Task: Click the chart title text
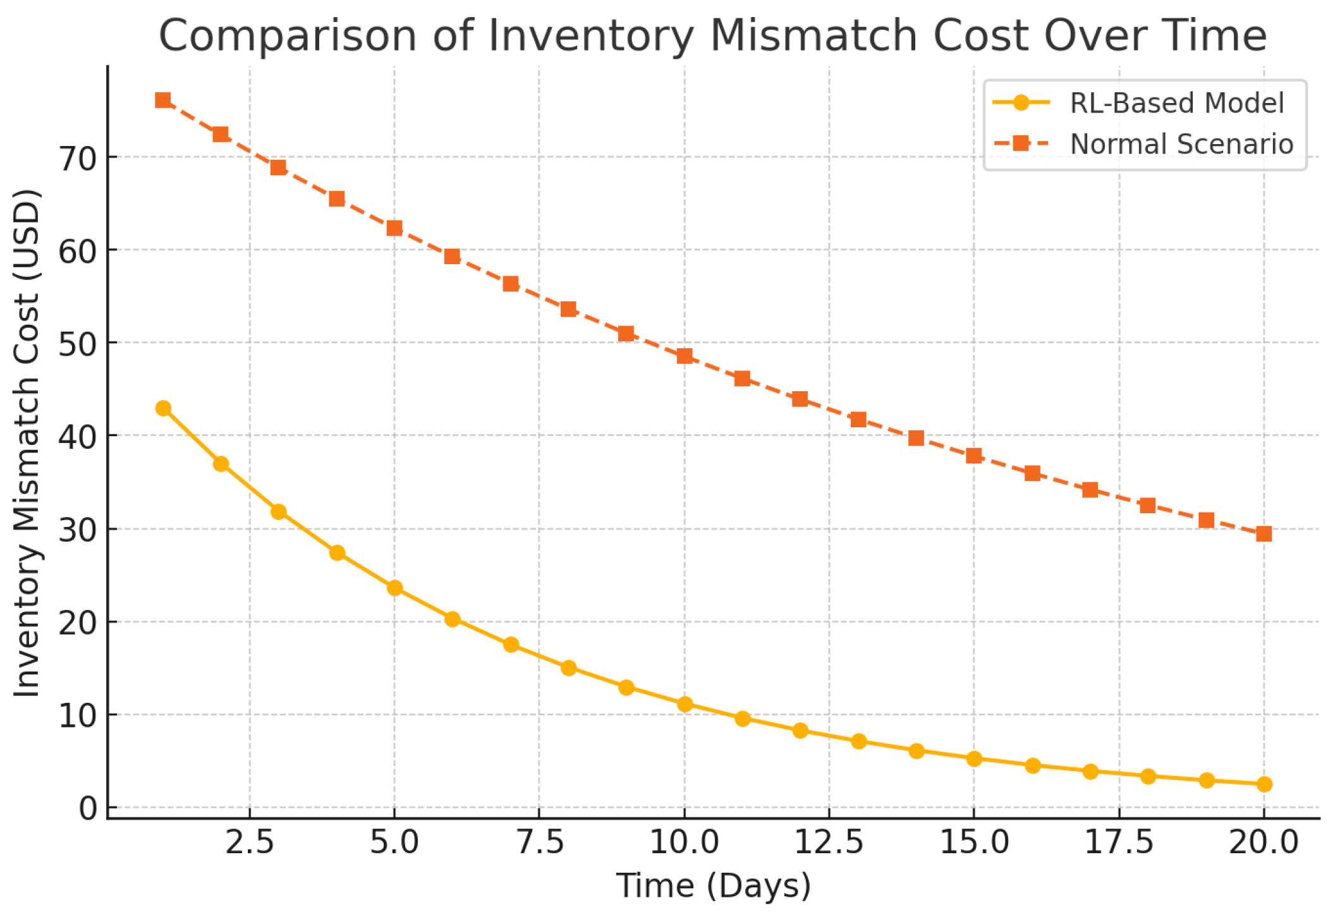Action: [x=712, y=36]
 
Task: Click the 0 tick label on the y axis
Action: [x=88, y=808]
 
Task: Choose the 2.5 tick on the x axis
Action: [x=250, y=842]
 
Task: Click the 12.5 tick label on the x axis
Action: [x=829, y=842]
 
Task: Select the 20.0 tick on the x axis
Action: [x=1264, y=842]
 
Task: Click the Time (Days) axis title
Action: [x=713, y=885]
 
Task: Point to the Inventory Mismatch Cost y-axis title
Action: [x=27, y=442]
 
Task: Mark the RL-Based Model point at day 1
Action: [x=163, y=408]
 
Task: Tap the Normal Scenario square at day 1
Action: [x=163, y=100]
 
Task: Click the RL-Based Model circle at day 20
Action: [x=1264, y=784]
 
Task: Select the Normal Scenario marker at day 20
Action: [x=1264, y=534]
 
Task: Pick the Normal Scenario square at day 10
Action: [x=685, y=356]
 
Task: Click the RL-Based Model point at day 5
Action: [x=394, y=588]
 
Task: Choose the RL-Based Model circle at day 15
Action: [x=974, y=758]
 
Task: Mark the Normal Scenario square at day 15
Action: [x=974, y=456]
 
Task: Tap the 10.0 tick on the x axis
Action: [x=685, y=842]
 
